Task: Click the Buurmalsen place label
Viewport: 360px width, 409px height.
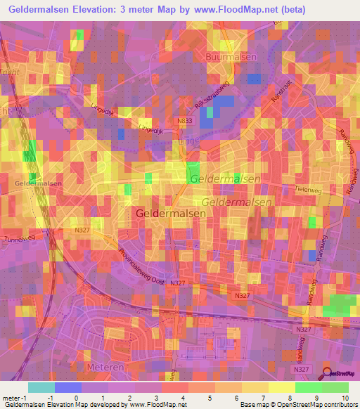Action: pyautogui.click(x=231, y=56)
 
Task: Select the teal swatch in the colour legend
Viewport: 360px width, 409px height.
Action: pyautogui.click(x=41, y=387)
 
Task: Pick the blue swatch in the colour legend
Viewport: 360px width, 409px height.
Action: pyautogui.click(x=68, y=387)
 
